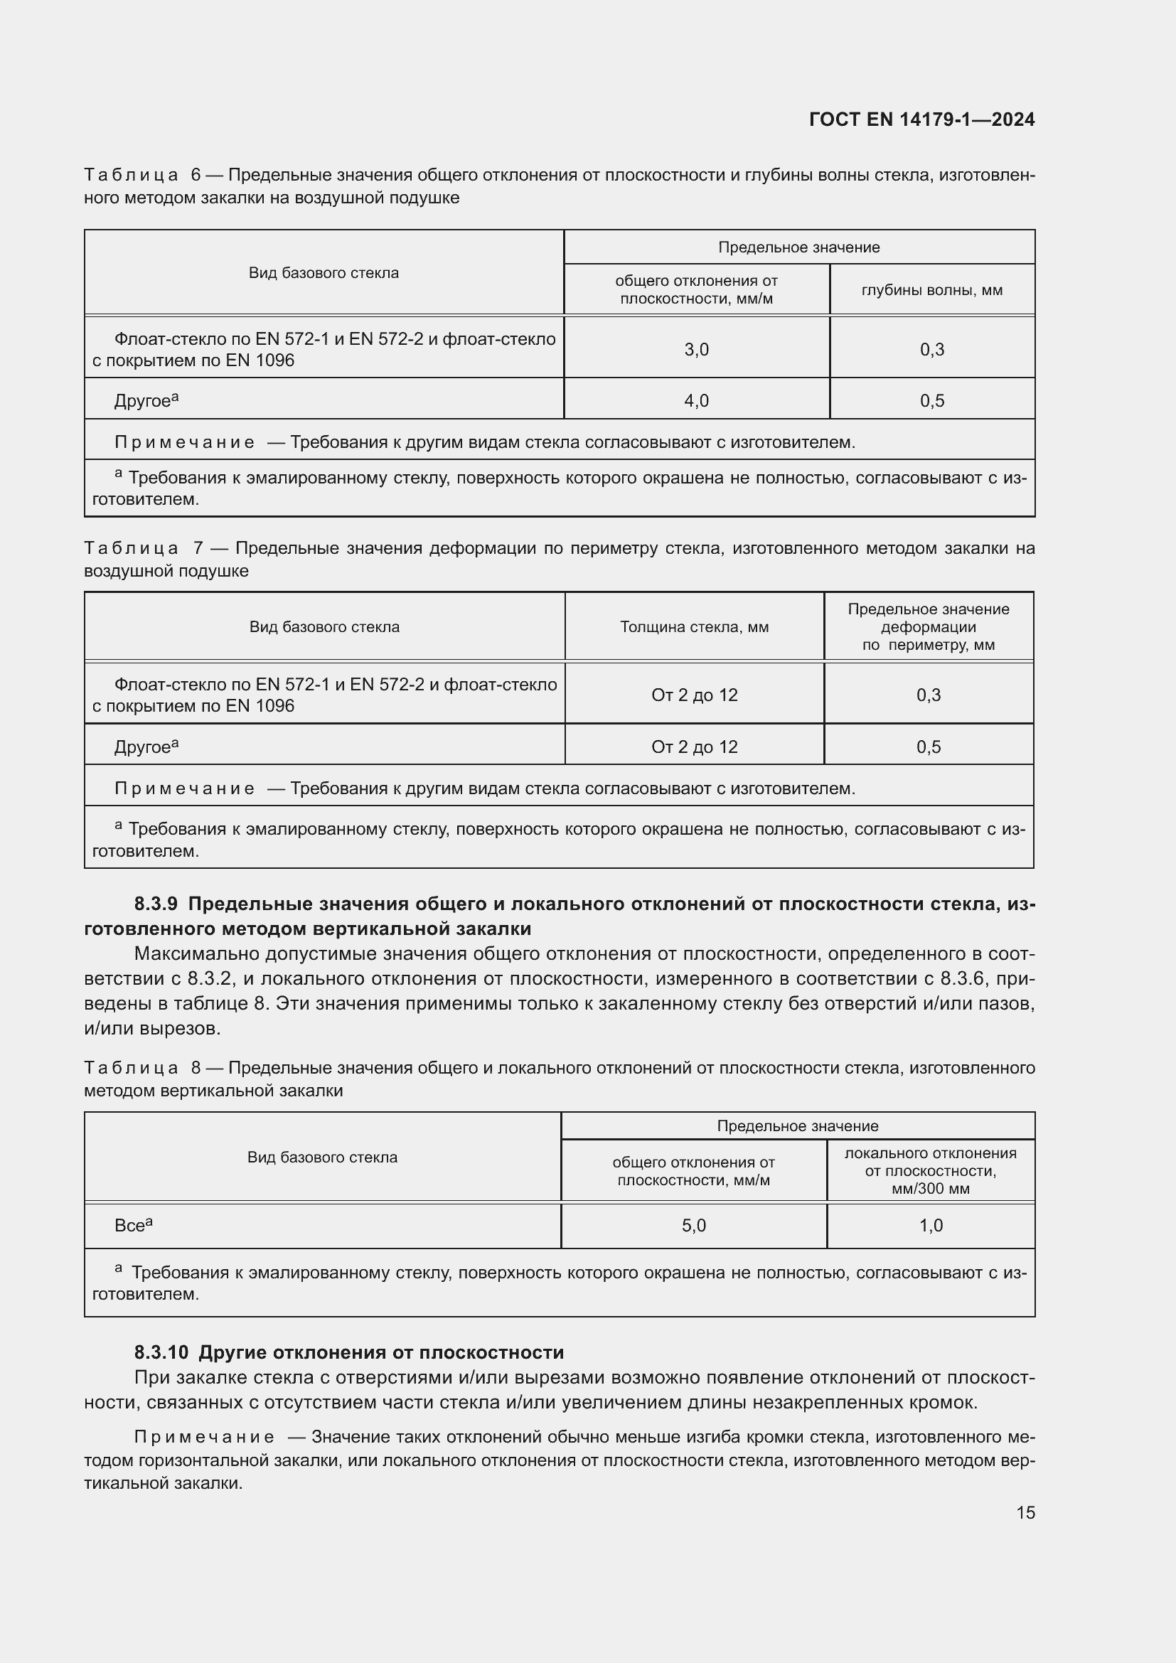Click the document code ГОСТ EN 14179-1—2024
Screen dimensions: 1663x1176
coord(921,119)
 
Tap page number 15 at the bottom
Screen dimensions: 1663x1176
coord(1025,1512)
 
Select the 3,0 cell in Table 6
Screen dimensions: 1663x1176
coord(696,350)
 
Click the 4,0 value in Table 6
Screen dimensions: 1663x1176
coord(696,400)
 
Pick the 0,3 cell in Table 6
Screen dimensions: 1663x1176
coord(931,350)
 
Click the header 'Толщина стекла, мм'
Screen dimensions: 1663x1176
coord(694,627)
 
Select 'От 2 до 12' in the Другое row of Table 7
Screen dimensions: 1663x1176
coord(694,747)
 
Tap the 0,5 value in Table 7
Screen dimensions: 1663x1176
coord(928,747)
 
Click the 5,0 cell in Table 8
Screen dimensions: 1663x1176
coord(693,1226)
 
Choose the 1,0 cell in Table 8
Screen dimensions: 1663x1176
coord(931,1226)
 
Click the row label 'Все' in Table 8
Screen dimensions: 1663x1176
coord(130,1226)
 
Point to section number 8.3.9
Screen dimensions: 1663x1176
coord(156,904)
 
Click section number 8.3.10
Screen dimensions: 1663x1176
coord(161,1352)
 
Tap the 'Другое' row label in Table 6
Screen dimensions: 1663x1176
coord(143,400)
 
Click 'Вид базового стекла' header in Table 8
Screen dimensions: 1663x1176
coord(322,1157)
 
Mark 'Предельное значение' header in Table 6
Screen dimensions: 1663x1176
coord(798,247)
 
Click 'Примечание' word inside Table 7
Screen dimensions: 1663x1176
coord(184,788)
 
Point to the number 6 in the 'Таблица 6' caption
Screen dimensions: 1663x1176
coord(196,176)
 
